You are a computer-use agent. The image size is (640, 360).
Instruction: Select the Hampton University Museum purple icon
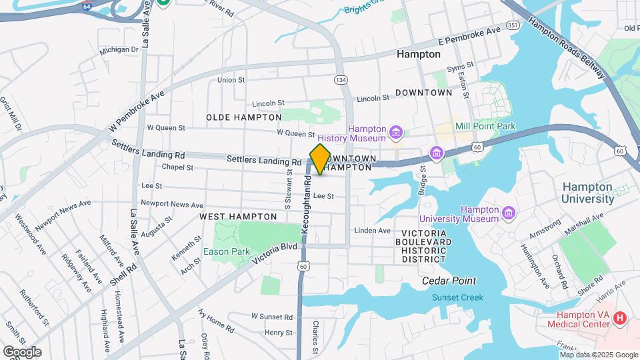pyautogui.click(x=509, y=213)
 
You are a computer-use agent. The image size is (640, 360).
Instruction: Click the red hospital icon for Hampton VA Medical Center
pyautogui.click(x=620, y=319)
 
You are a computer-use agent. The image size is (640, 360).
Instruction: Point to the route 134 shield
pyautogui.click(x=341, y=80)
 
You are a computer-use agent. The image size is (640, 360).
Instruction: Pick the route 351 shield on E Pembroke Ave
pyautogui.click(x=513, y=25)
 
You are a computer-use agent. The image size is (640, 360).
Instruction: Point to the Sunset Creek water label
pyautogui.click(x=457, y=297)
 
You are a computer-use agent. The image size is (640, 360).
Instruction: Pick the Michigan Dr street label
pyautogui.click(x=119, y=49)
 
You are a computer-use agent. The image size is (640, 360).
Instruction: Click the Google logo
pyautogui.click(x=22, y=351)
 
